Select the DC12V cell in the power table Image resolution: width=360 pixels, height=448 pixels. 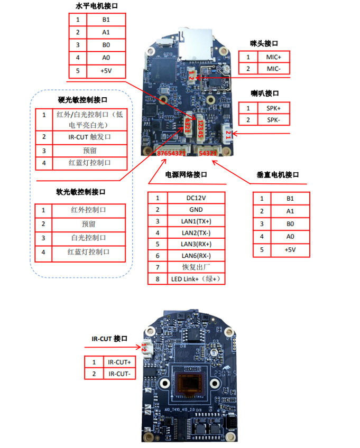tap(196, 198)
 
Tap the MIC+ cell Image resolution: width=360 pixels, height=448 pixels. tap(274, 57)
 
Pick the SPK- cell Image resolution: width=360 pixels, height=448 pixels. tap(274, 119)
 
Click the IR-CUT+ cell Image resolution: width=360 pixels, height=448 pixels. tap(119, 362)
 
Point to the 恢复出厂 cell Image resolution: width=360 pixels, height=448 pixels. tap(196, 267)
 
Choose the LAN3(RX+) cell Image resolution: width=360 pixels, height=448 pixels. tap(196, 244)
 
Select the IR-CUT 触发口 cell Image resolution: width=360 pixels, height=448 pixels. tap(90, 137)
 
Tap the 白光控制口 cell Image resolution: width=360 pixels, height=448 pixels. tap(88, 238)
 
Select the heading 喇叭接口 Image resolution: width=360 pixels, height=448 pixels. tap(265, 94)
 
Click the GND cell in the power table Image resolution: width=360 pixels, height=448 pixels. tap(196, 209)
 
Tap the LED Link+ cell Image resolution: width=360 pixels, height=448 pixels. tap(196, 279)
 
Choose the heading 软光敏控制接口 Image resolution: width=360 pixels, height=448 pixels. tap(81, 192)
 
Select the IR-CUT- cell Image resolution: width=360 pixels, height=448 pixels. tap(119, 374)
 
